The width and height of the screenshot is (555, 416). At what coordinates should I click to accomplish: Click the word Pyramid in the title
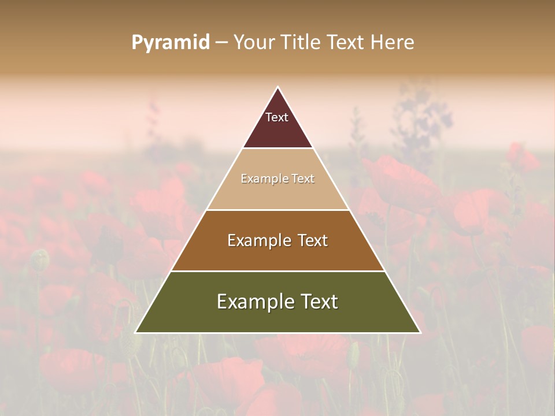coord(171,43)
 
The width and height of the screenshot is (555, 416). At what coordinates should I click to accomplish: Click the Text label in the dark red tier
coord(277,118)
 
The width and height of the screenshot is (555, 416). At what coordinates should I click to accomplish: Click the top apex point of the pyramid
coord(277,87)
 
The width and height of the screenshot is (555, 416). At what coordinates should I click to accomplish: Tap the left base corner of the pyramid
coord(136,332)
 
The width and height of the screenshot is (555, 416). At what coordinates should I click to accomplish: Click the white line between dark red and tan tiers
coord(277,148)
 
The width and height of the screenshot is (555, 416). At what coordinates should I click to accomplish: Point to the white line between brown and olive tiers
coord(277,271)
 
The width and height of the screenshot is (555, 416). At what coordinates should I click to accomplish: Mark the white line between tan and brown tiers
coord(277,210)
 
